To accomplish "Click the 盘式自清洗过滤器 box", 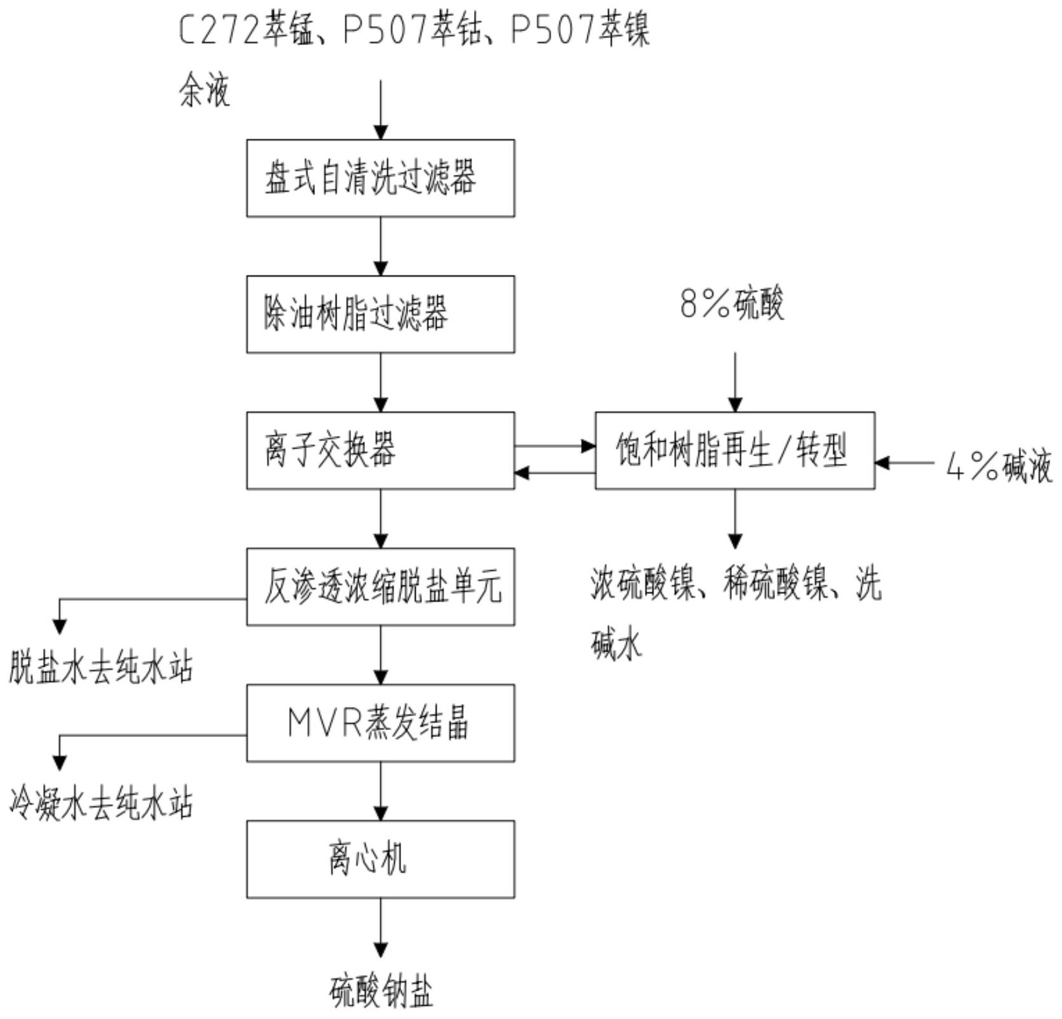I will pos(380,178).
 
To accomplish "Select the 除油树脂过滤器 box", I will pos(380,314).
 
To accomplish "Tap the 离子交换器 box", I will pos(380,451).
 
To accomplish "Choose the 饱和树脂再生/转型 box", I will pos(734,451).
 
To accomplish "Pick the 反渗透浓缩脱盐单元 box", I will pos(380,587).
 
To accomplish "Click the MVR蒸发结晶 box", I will pos(380,723).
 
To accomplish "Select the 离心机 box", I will pos(380,859).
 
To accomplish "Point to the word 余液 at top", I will pos(204,91).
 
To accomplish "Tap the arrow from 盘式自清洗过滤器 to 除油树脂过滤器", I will pos(381,247).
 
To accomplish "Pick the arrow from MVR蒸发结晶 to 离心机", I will pos(381,791).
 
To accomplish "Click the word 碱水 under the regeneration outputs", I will pos(617,645).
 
